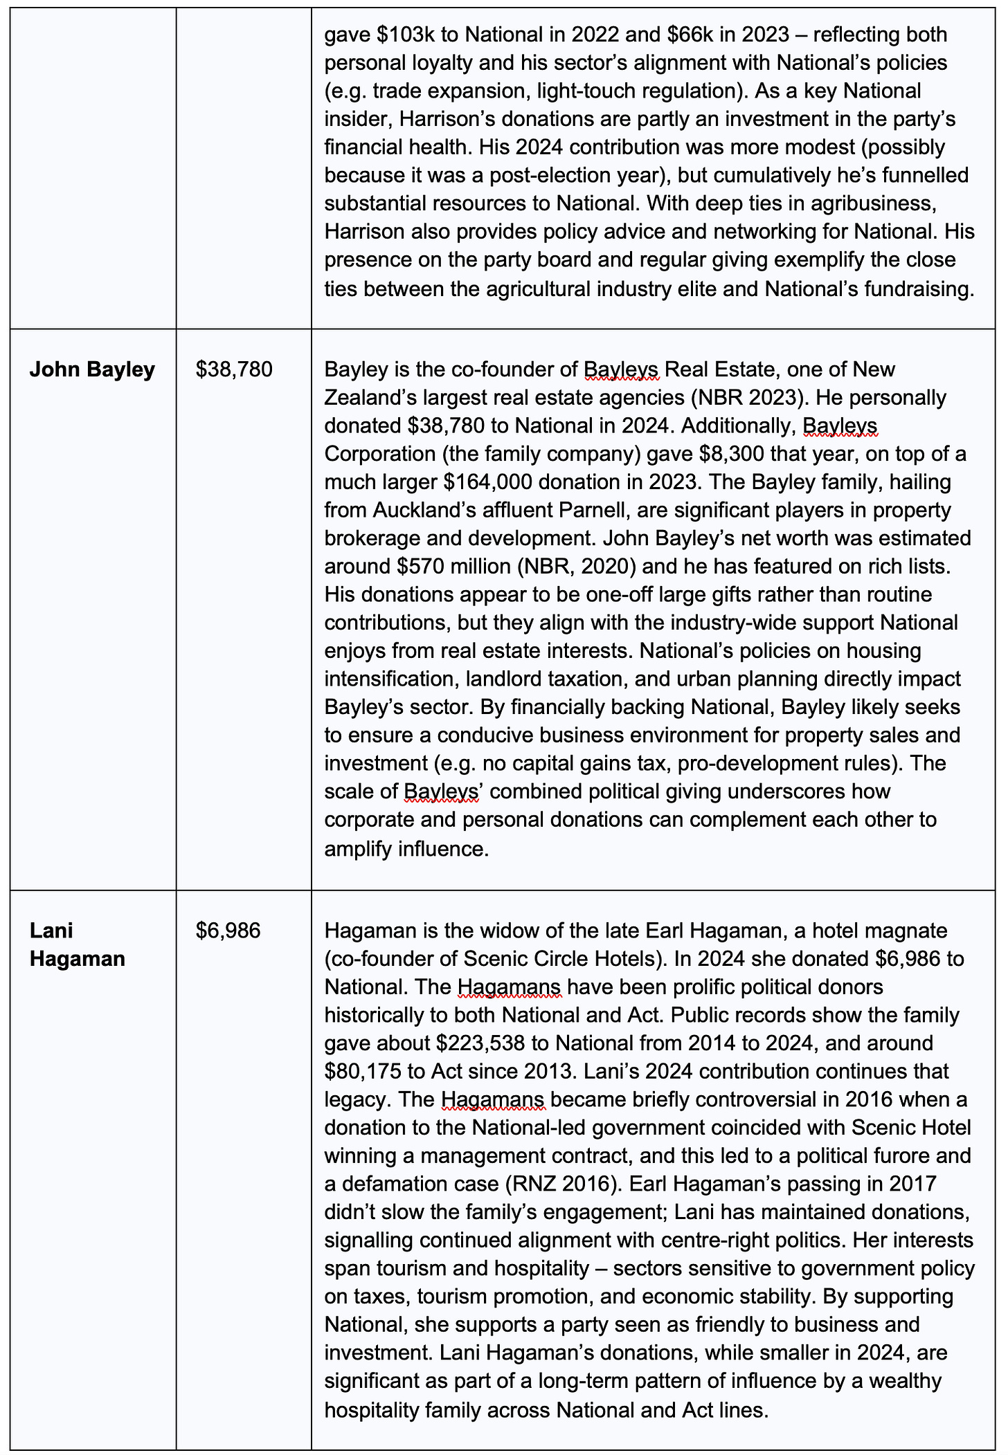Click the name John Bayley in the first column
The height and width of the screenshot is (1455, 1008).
coord(92,370)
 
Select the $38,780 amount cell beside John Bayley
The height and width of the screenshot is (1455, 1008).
coord(234,370)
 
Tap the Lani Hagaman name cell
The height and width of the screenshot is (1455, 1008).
coord(78,944)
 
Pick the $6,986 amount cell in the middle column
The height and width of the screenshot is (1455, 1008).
coord(228,931)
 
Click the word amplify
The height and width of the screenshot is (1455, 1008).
coord(360,848)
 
